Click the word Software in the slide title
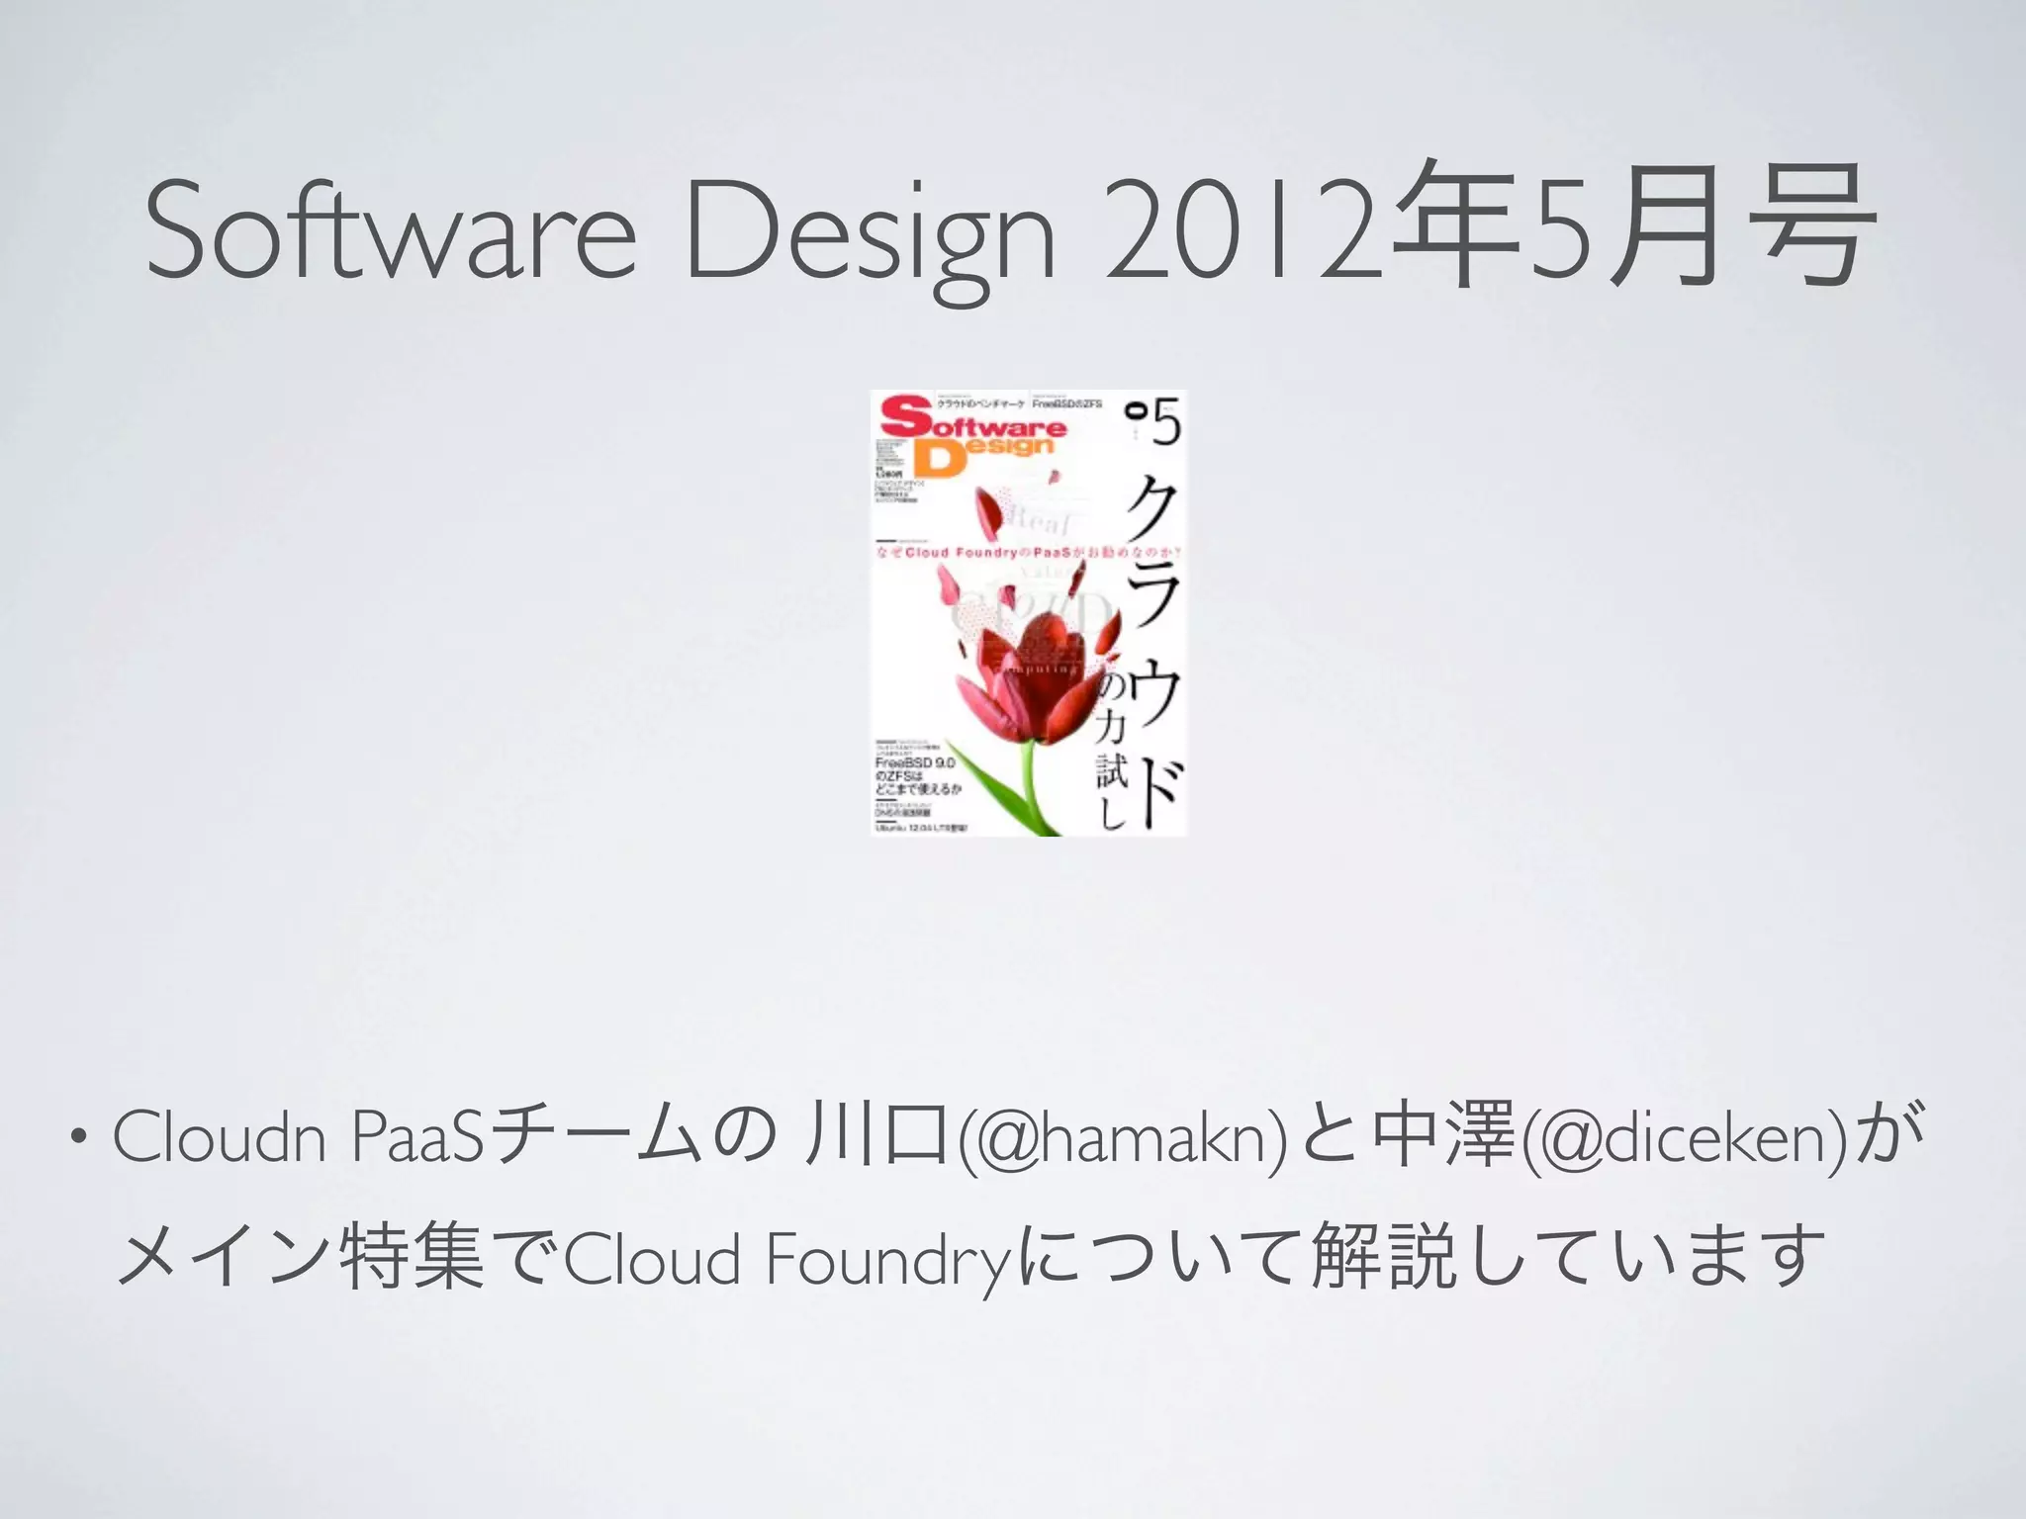pyautogui.click(x=391, y=232)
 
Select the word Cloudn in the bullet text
pyautogui.click(x=219, y=1137)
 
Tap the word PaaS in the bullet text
pyautogui.click(x=415, y=1137)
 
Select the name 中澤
pyautogui.click(x=1448, y=1137)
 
